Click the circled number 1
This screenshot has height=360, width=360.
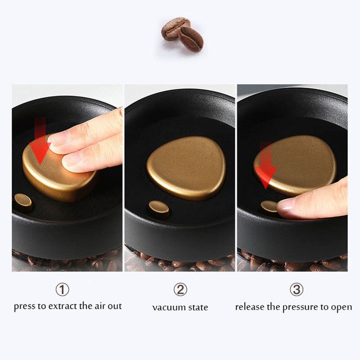pyautogui.click(x=62, y=290)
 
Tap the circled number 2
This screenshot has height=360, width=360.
pyautogui.click(x=180, y=290)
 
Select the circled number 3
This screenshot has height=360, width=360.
pyautogui.click(x=296, y=290)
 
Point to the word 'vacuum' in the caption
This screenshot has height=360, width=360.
pyautogui.click(x=169, y=308)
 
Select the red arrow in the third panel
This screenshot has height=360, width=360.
pyautogui.click(x=265, y=164)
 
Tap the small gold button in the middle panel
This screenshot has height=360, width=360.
pyautogui.click(x=159, y=209)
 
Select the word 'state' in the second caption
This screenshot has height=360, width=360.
pyautogui.click(x=198, y=308)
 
